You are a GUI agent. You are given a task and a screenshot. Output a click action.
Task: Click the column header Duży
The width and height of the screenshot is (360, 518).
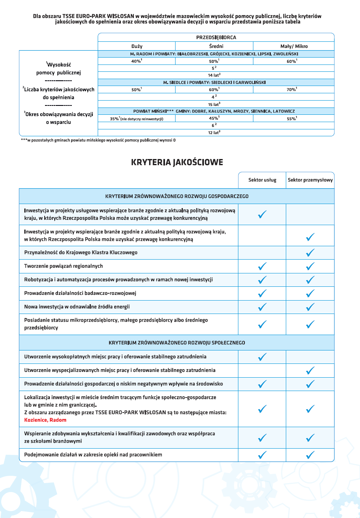click(x=137, y=46)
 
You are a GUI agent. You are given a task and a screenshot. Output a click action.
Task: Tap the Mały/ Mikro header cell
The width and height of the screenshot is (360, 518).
click(x=294, y=46)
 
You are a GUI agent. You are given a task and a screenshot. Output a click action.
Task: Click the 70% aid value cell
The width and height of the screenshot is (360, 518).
click(x=291, y=90)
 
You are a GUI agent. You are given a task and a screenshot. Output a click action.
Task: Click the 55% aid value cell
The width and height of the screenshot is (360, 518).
click(x=291, y=118)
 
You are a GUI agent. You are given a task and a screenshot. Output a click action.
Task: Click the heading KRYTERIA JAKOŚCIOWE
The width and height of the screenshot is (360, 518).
click(x=177, y=163)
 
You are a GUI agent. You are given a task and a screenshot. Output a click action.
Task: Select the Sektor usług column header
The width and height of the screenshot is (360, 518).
click(x=262, y=180)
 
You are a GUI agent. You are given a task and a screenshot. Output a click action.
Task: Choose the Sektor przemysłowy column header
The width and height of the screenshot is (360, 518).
click(x=310, y=180)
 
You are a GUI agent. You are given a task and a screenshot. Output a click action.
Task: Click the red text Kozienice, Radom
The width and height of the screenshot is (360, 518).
click(x=45, y=420)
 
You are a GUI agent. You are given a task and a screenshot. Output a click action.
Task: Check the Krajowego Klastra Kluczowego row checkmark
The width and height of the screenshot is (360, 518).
click(x=311, y=253)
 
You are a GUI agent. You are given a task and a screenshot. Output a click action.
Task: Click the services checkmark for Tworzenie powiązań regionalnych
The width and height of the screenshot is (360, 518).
click(x=262, y=267)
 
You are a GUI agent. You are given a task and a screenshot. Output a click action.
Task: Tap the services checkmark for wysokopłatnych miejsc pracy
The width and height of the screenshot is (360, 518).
click(x=262, y=357)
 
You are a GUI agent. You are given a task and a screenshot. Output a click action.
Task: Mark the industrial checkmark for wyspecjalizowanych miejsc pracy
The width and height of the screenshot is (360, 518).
click(x=311, y=370)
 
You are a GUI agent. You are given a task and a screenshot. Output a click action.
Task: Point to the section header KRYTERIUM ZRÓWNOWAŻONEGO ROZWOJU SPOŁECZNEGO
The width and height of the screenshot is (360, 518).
click(x=177, y=343)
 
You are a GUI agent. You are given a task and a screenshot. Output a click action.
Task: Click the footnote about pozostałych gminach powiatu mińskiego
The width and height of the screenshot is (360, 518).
click(x=99, y=140)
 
